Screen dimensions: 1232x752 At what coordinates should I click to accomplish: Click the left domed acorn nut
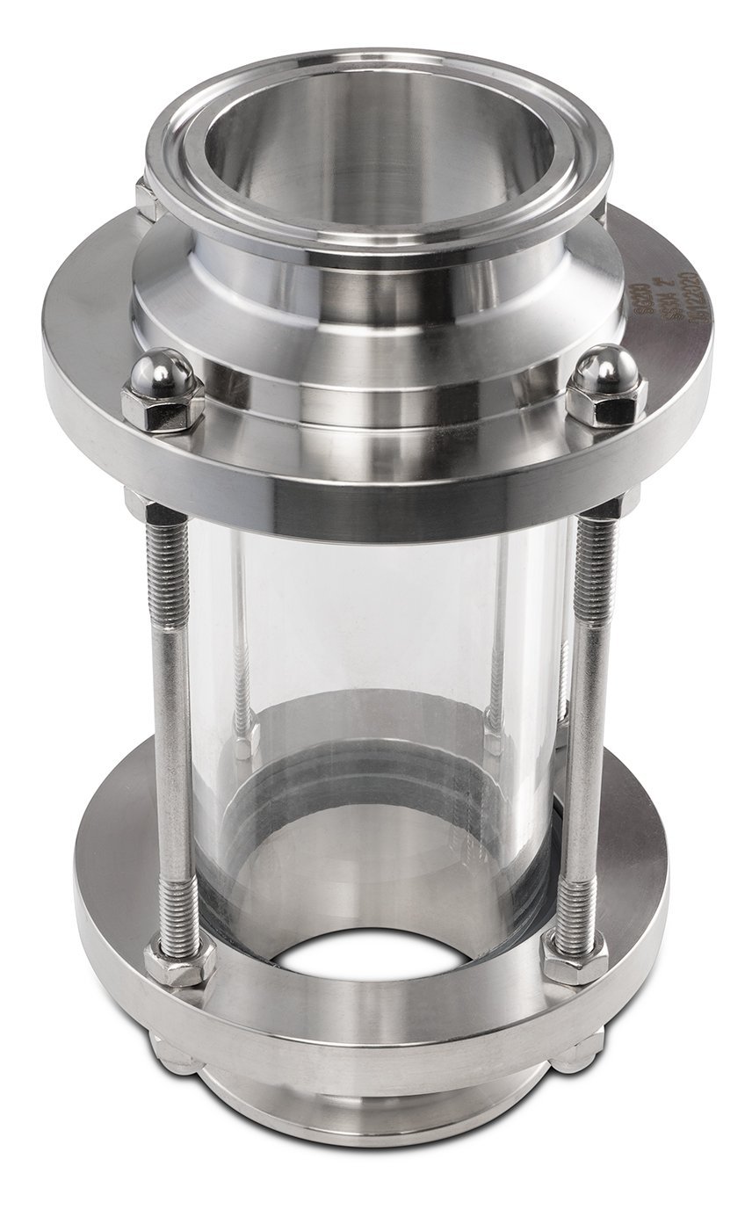coord(163,387)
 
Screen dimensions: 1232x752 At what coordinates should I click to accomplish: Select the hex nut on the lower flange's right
coord(575,958)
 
